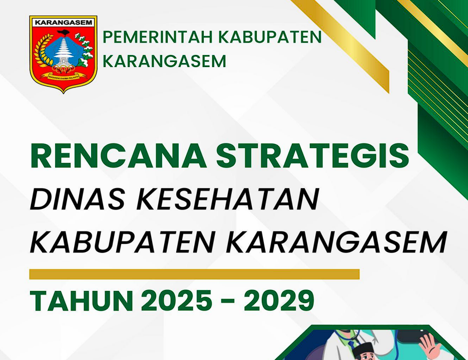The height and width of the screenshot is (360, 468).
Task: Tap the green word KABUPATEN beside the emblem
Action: [x=270, y=37]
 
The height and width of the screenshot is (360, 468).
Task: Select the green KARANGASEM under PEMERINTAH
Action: [x=165, y=61]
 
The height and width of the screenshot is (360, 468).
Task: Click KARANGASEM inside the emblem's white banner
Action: [x=63, y=22]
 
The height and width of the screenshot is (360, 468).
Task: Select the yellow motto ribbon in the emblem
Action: [x=63, y=76]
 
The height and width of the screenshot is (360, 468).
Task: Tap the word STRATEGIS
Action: [x=312, y=156]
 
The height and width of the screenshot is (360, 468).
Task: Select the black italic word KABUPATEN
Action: [x=122, y=242]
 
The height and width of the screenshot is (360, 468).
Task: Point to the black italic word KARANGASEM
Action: [x=336, y=242]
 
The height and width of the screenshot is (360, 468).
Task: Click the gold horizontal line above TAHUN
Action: [x=194, y=274]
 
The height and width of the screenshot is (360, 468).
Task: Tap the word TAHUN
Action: [x=82, y=300]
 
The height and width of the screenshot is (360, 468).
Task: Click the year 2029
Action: [x=279, y=300]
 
